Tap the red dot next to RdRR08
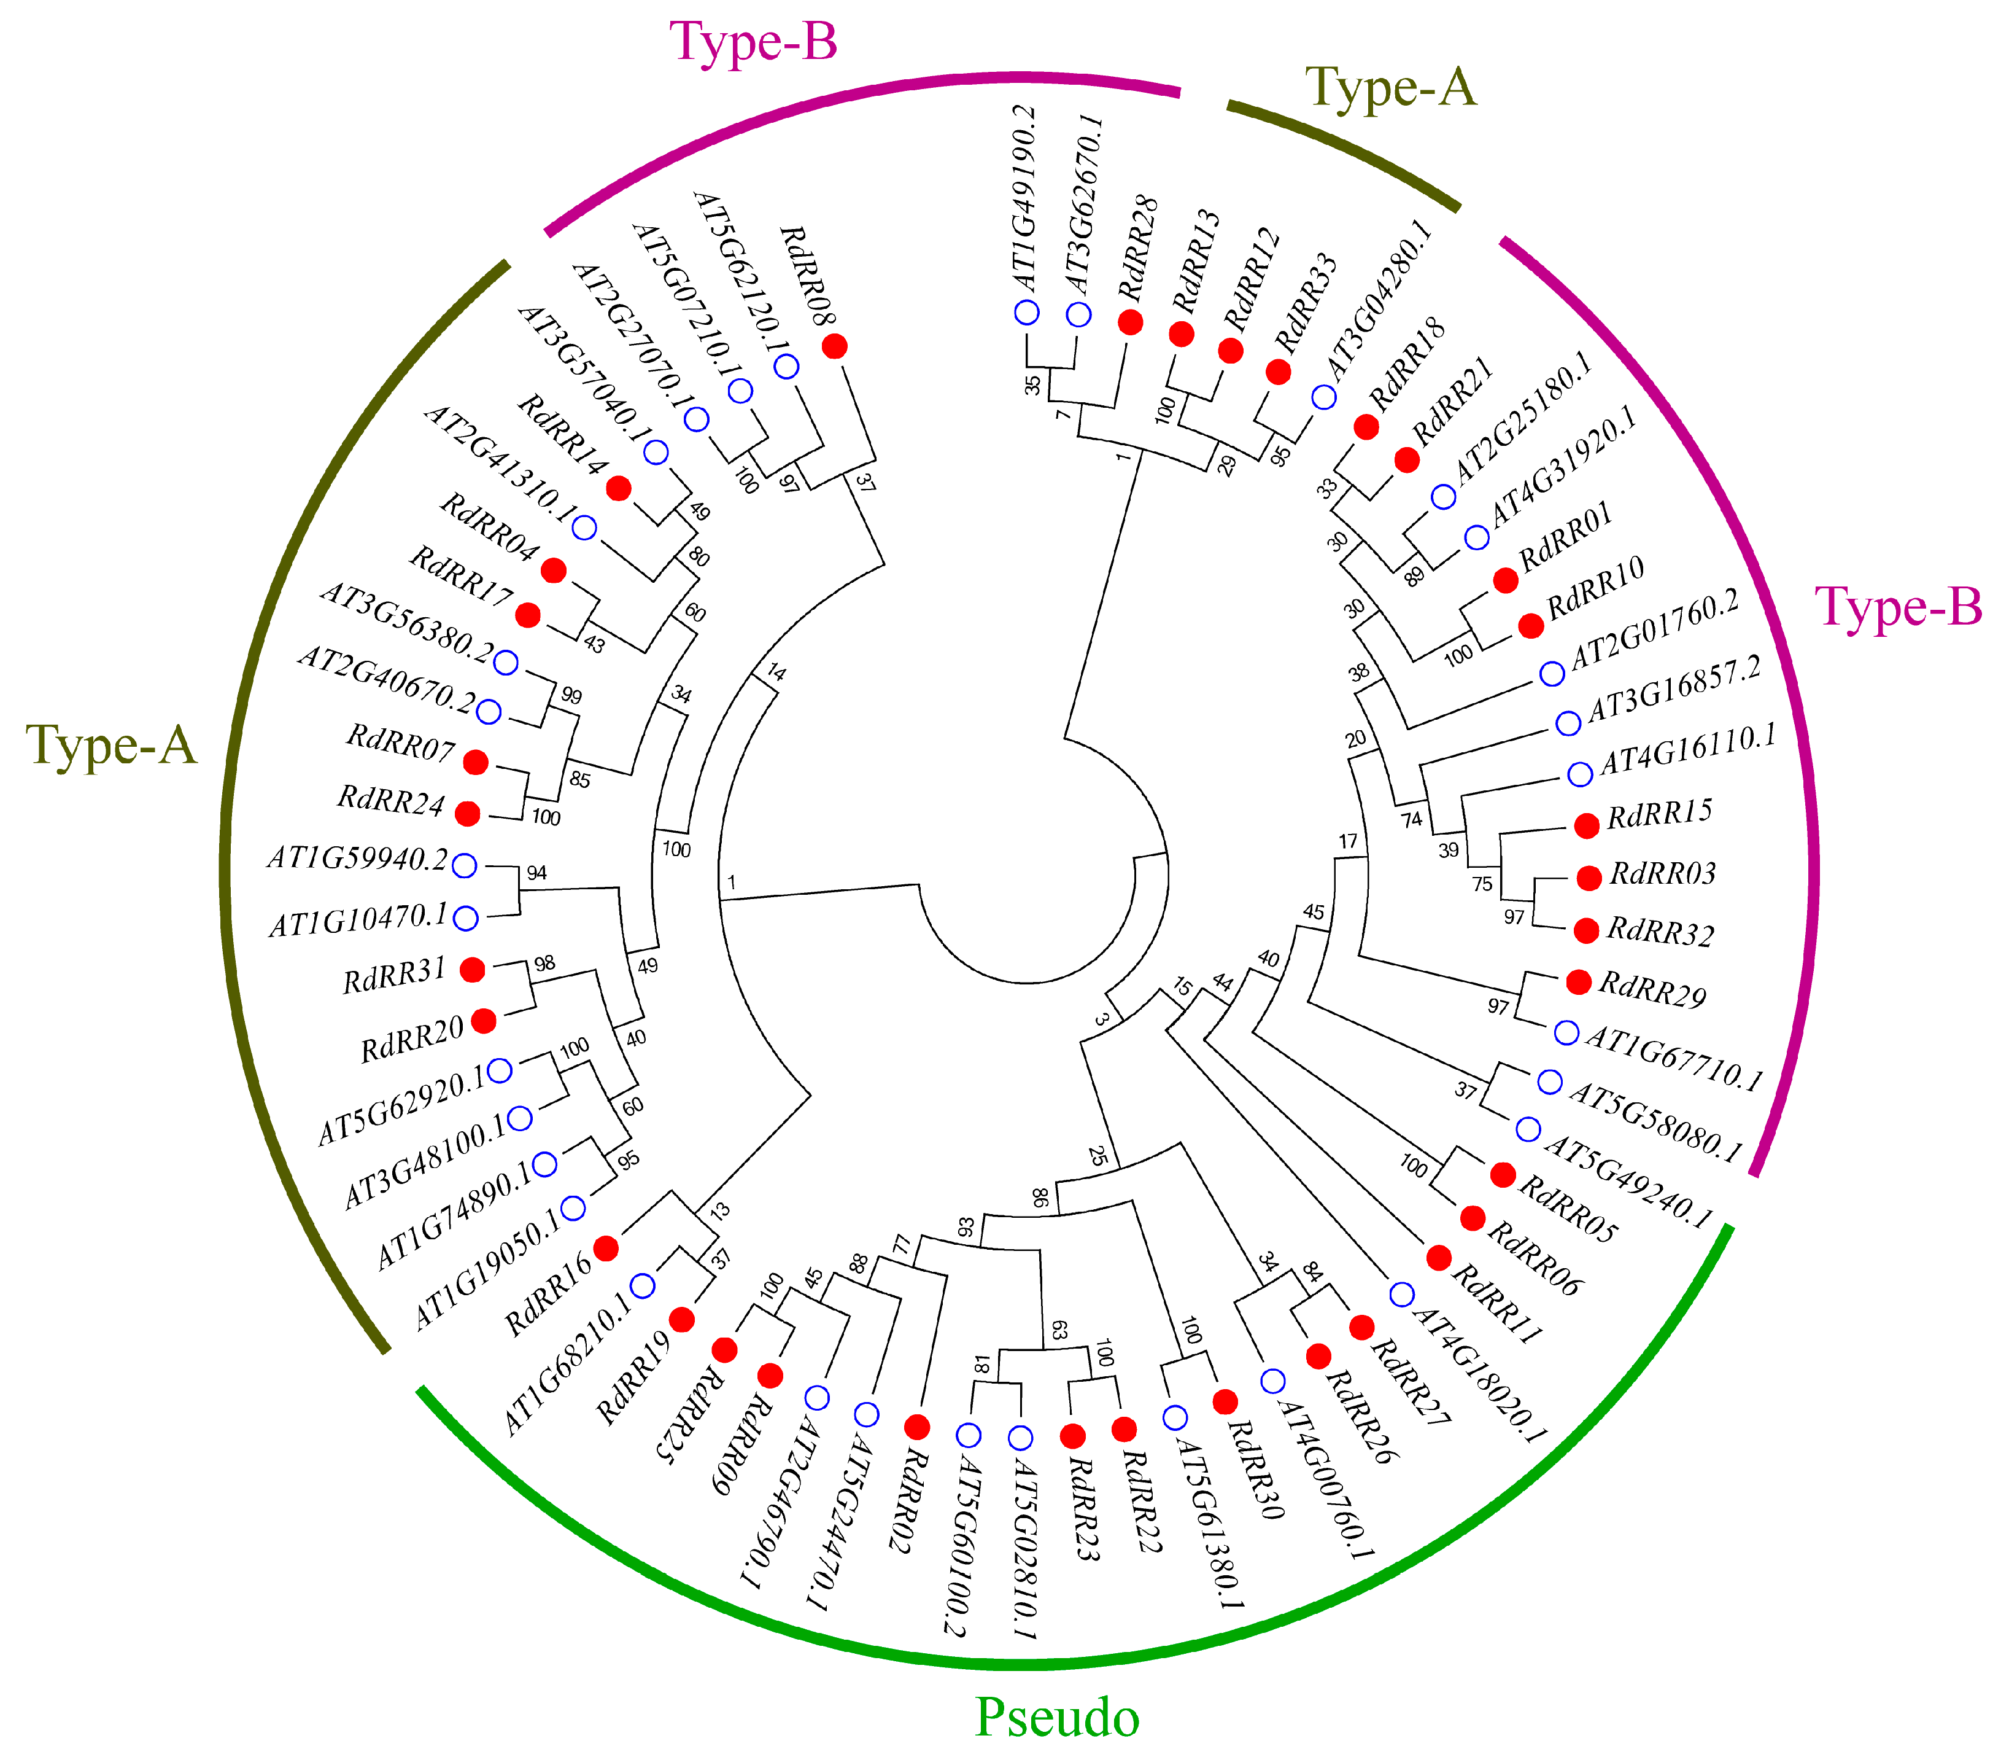click(835, 346)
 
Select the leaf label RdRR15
click(1659, 813)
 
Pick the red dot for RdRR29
click(1578, 981)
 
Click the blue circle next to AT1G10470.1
click(465, 919)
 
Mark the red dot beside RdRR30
click(1225, 1402)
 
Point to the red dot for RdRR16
click(606, 1248)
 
